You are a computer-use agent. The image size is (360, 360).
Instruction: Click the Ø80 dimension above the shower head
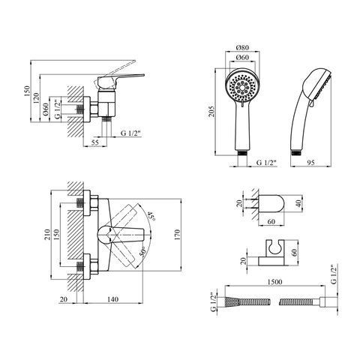[242, 47]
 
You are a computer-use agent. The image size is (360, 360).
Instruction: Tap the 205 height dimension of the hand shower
[211, 112]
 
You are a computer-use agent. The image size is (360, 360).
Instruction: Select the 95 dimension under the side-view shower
[310, 163]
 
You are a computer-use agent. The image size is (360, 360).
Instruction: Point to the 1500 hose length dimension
[274, 282]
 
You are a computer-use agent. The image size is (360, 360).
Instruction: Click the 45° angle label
[151, 216]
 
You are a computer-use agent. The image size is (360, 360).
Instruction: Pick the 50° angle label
[142, 252]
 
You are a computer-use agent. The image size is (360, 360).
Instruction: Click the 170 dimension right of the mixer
[177, 235]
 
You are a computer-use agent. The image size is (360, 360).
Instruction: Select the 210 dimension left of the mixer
[48, 235]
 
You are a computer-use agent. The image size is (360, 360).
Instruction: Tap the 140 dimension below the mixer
[112, 299]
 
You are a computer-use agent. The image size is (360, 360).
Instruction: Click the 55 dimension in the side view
[94, 142]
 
